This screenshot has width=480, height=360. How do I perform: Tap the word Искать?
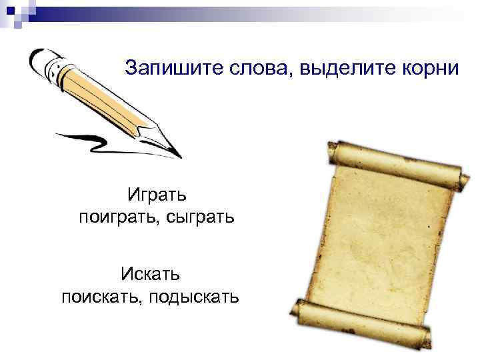point(151,273)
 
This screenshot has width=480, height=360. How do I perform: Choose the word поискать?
point(100,295)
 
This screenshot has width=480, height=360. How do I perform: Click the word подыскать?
point(193,295)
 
